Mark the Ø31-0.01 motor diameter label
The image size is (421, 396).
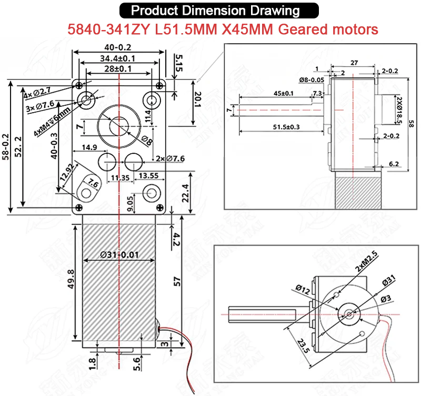pos(120,255)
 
